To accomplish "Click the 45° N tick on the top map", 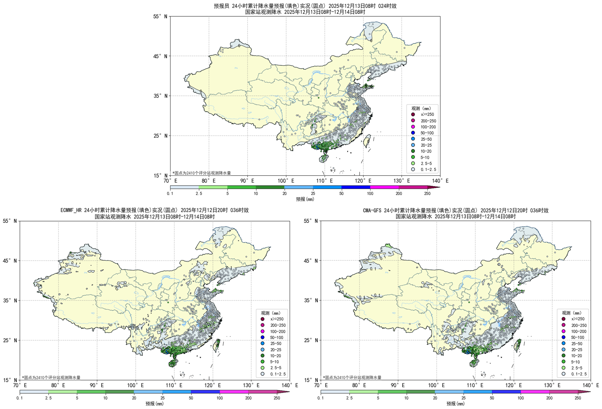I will point(161,56).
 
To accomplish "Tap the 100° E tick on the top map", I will point(286,181).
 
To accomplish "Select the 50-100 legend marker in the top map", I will point(413,133).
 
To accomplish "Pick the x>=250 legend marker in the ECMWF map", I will point(262,319).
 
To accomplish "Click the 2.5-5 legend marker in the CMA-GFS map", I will point(563,368).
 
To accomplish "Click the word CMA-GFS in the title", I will point(372,210).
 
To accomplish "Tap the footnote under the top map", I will point(202,173).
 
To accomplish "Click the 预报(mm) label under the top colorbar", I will point(305,199).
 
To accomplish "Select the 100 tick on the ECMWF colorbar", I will point(219,398).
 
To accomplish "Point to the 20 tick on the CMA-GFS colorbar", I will point(435,398).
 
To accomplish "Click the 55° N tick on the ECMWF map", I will point(10,221).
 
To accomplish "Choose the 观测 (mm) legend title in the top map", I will point(421,108).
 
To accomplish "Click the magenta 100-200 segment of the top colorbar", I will point(384,187).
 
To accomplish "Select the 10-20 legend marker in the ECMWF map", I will point(262,356).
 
